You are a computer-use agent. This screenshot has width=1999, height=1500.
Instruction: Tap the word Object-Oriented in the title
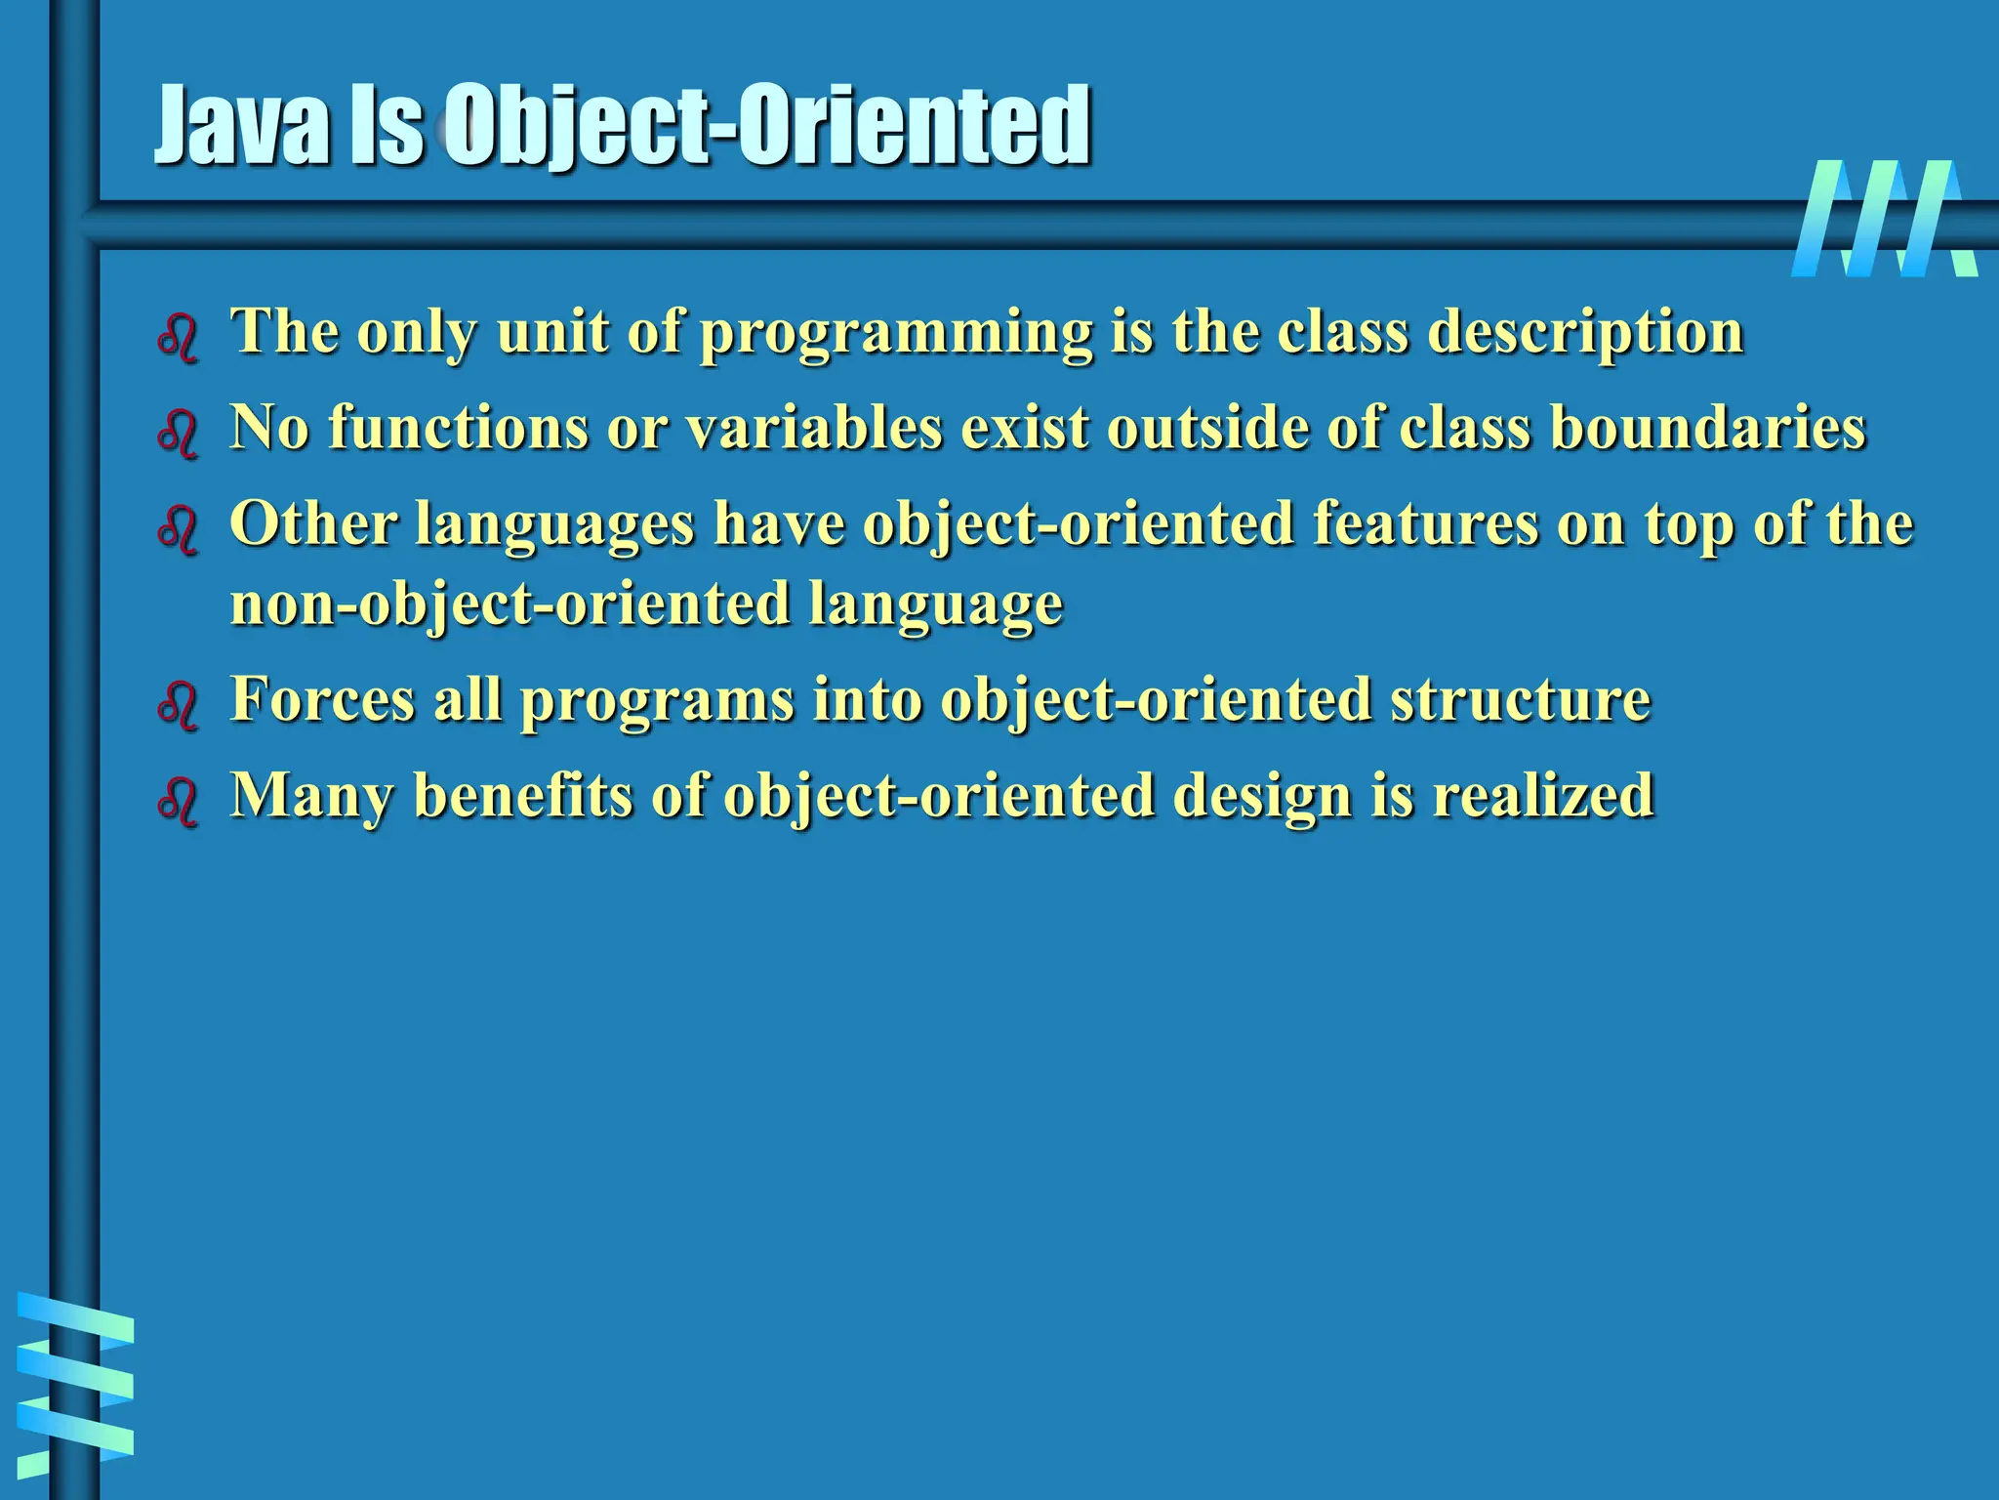point(767,127)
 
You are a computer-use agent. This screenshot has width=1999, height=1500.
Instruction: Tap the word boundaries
point(1707,428)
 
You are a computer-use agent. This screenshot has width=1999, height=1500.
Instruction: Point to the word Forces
point(322,699)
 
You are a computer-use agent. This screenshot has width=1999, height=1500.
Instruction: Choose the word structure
point(1520,699)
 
